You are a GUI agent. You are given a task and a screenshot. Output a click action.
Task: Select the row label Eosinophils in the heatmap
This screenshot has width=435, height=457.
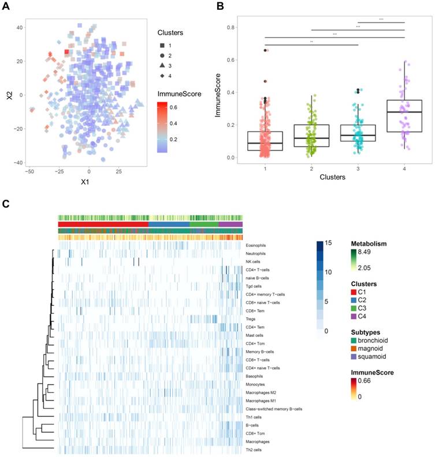[x=258, y=245]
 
